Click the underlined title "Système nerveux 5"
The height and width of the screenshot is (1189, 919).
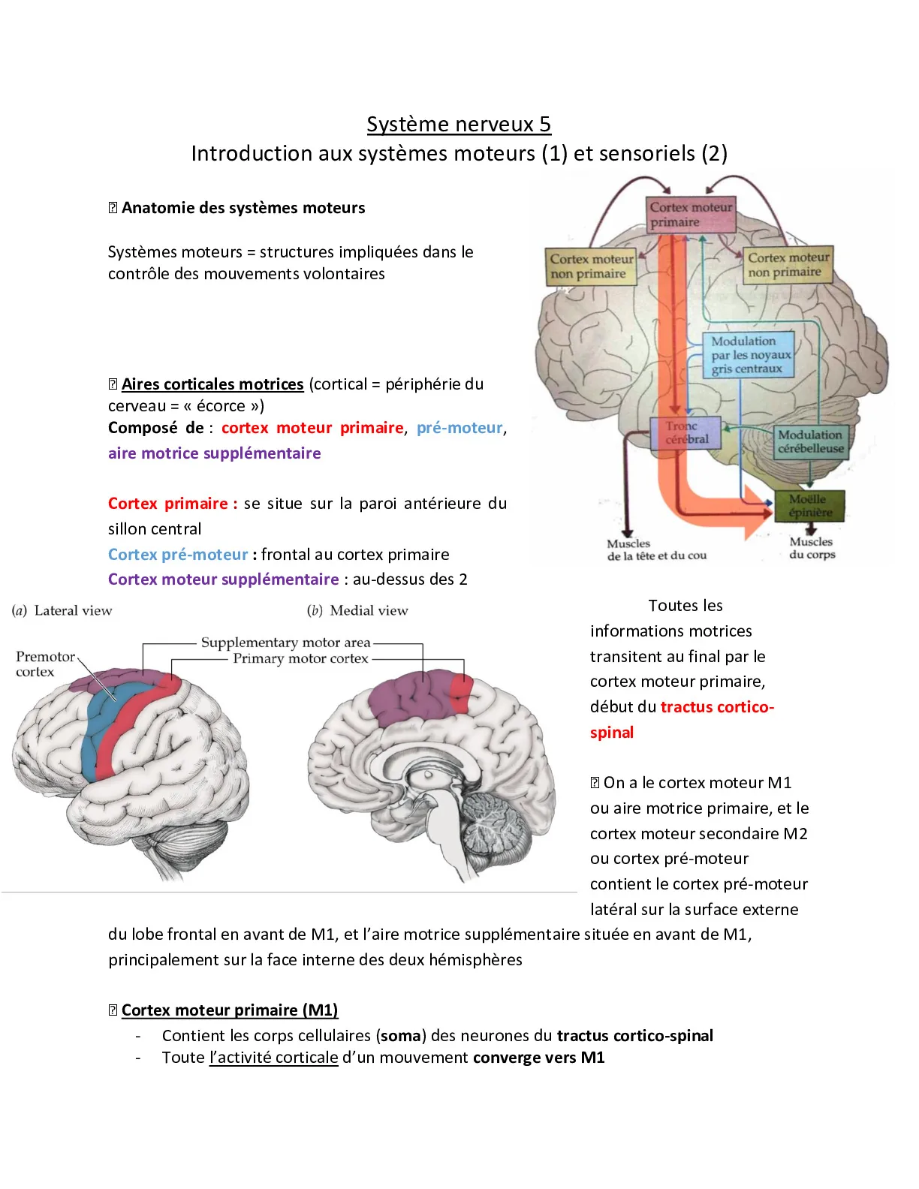459,124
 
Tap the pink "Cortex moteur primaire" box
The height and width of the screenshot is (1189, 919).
691,215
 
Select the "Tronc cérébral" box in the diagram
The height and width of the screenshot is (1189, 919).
685,433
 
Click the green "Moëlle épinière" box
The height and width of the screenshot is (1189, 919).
809,506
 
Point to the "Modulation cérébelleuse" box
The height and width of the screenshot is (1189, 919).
811,441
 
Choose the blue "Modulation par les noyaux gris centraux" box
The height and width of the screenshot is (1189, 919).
749,354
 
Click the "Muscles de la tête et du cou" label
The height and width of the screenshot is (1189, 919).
656,549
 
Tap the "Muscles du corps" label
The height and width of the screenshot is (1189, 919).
812,548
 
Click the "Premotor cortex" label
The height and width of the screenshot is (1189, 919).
45,664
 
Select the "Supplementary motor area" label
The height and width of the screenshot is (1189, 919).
286,643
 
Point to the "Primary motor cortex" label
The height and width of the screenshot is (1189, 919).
300,658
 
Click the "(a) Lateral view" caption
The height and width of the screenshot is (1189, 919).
62,611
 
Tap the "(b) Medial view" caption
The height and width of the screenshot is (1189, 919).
357,611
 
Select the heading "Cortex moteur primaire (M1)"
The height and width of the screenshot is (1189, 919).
229,1010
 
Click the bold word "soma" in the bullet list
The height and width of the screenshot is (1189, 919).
401,1036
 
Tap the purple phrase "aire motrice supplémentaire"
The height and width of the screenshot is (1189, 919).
215,453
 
